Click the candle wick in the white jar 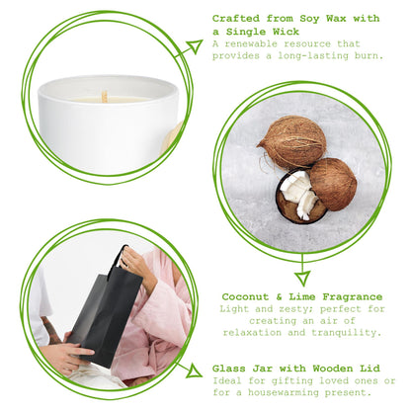pyautogui.click(x=104, y=96)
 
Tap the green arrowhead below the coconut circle pyautogui.click(x=302, y=276)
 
